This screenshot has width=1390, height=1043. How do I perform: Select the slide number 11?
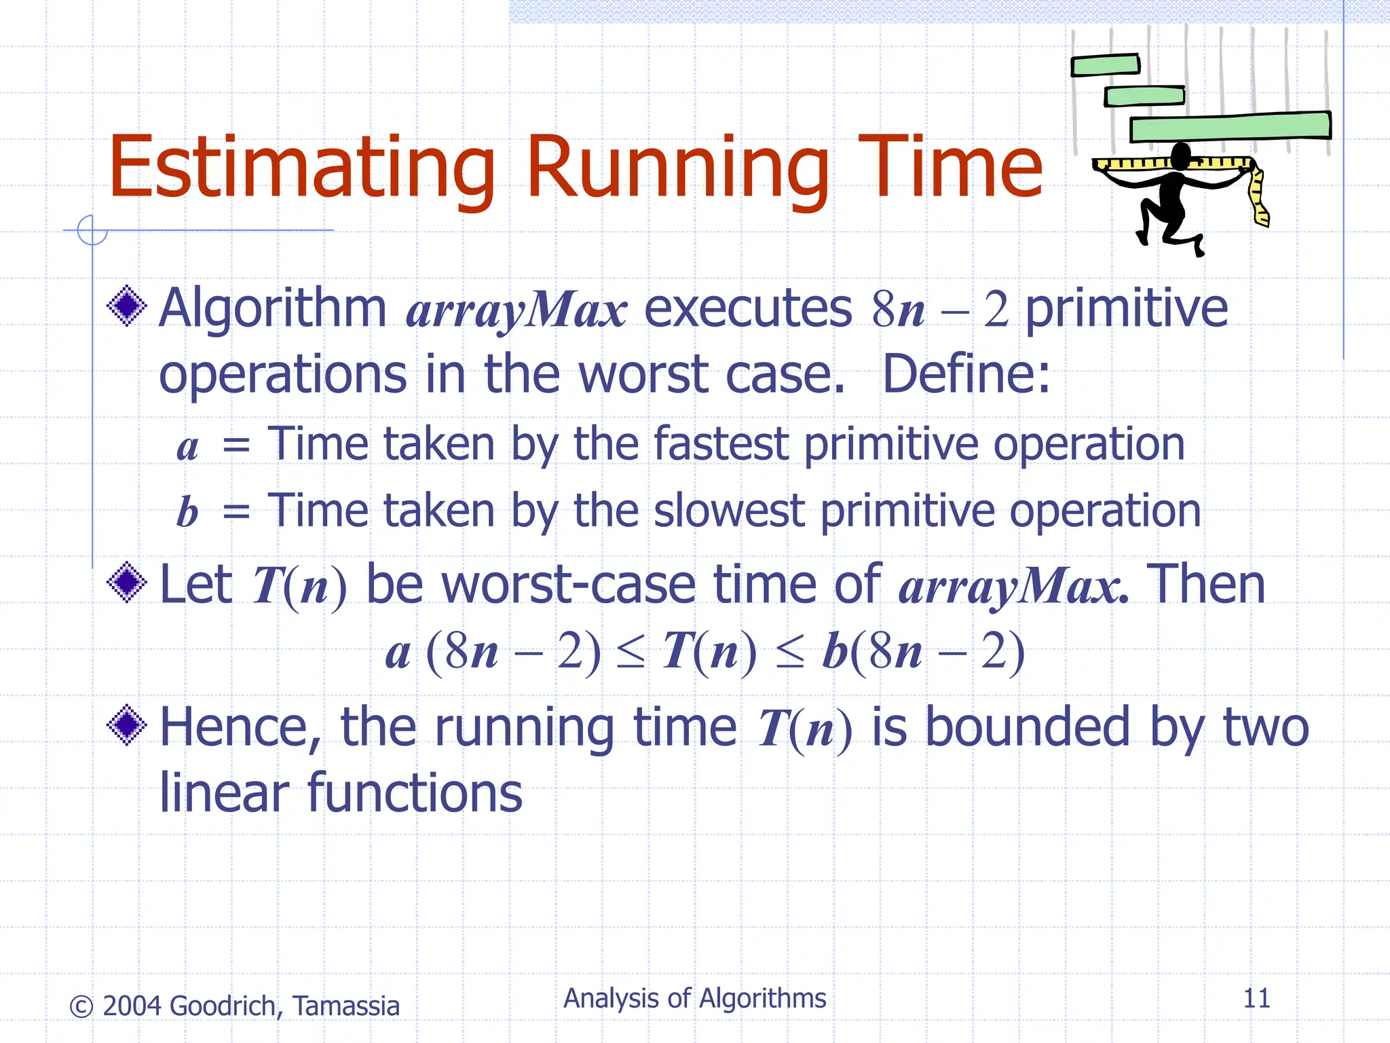[x=1256, y=998]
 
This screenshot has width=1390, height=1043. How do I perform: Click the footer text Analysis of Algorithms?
[x=694, y=998]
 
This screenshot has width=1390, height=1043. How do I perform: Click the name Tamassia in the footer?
[x=346, y=1006]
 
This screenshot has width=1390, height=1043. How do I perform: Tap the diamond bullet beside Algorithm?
[x=127, y=307]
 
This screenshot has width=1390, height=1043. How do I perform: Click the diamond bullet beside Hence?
[x=127, y=725]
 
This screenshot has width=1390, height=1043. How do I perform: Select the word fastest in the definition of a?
[x=720, y=444]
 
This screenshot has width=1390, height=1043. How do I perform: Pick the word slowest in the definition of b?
[x=728, y=511]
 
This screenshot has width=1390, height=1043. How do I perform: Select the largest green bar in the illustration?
[x=1230, y=127]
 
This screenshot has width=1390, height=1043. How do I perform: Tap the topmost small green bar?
[x=1105, y=65]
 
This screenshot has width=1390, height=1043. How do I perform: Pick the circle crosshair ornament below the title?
[x=92, y=230]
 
